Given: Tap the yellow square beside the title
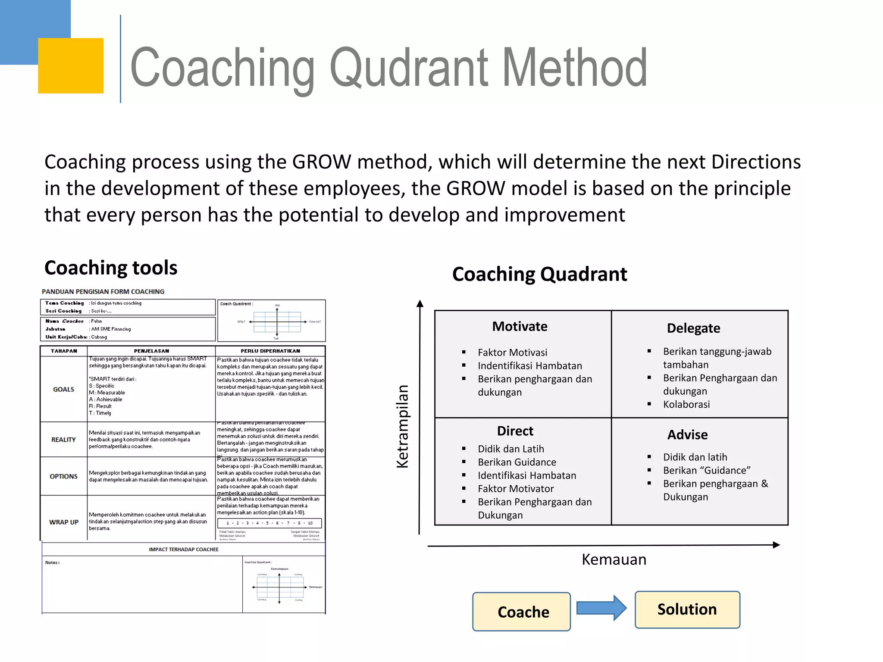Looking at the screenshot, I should coord(71,66).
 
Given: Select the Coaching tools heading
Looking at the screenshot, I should coord(111,268).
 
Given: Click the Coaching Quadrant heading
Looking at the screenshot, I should coord(539,274).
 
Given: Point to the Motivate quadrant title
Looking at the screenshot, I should coord(520,326).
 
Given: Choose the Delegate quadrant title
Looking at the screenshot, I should coord(693,328).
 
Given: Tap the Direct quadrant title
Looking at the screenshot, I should coord(515,431).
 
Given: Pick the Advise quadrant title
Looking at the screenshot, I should coord(687,434).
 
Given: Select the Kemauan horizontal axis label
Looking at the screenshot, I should coord(614,559).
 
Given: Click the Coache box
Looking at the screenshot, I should coord(521,612).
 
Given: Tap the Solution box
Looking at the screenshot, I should coord(687,609).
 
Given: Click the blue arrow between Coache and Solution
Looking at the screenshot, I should coord(601,608).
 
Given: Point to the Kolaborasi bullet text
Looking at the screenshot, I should coord(686,404).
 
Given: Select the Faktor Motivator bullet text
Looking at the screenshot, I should coord(516,489).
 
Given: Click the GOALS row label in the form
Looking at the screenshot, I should coord(64,389).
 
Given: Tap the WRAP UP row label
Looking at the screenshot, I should coord(64,522).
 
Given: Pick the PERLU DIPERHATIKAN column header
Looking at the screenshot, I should coord(270,351).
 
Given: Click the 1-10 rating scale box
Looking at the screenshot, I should coord(269,523).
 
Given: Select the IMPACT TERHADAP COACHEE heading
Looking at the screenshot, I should coord(184,550).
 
